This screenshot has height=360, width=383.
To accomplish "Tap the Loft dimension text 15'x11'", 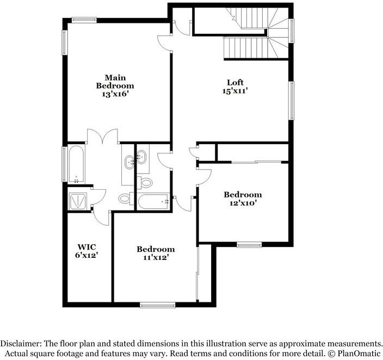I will pos(234,91).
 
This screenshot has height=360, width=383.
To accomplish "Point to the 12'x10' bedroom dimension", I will pos(243,203).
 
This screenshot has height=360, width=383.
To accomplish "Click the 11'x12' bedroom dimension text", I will pos(156,258).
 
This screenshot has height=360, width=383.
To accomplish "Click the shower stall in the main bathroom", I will pos(78,200).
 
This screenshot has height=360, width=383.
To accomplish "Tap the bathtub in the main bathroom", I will pos(76,164).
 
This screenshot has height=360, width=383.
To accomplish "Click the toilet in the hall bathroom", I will pos(145,182).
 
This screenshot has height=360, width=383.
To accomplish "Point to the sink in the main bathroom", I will pos(129,161).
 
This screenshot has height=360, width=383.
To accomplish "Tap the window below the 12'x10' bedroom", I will pos(249,245).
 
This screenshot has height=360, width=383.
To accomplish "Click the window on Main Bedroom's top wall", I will pos(84,20).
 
